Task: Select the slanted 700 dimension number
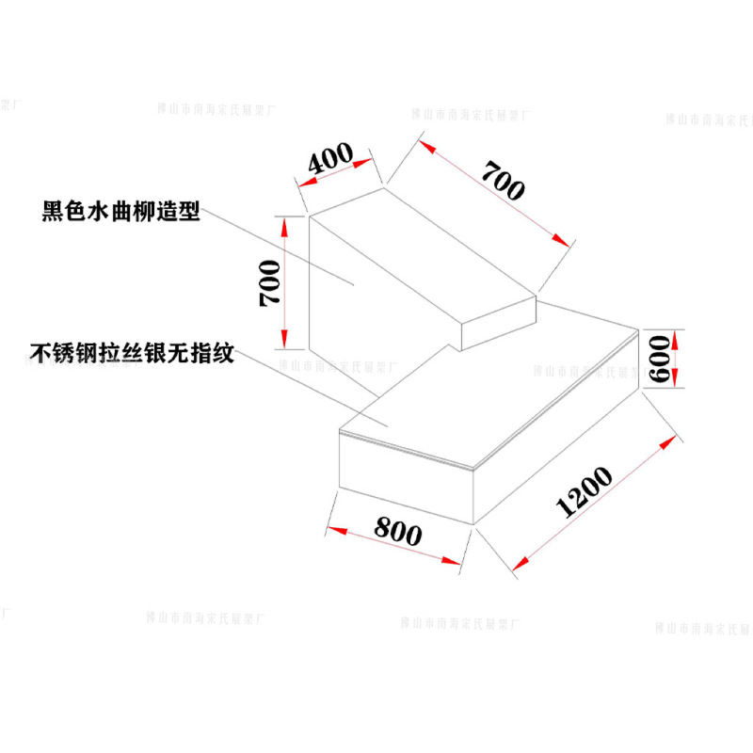(x=502, y=180)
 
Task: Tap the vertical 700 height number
(x=269, y=281)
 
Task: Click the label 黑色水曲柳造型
(x=121, y=210)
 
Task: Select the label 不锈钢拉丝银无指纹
(x=131, y=355)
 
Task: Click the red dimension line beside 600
(x=676, y=358)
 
